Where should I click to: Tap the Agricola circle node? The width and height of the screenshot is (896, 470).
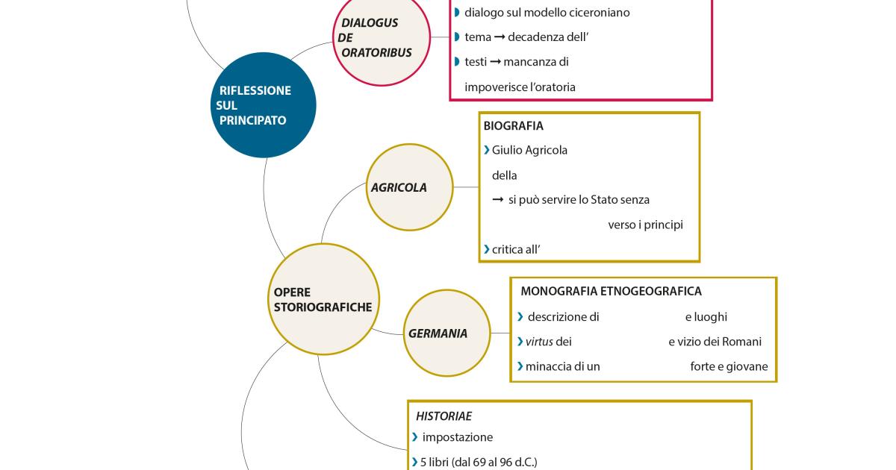pos(411,187)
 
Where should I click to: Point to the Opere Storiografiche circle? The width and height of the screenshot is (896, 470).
pos(323,300)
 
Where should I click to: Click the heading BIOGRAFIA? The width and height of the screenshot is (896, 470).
pos(513,126)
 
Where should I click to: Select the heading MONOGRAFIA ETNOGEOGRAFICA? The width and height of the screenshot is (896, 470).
pos(611,291)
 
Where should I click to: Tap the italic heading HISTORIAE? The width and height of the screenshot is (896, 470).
pos(444,416)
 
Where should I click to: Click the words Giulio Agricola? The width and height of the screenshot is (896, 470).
pos(529,150)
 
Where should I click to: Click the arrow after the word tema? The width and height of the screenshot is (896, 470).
pos(500,37)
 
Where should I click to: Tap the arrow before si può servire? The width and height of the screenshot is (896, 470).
pos(498,200)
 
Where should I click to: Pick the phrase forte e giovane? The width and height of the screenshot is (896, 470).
pos(729,366)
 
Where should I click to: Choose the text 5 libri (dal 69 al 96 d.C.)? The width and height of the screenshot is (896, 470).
pos(479,462)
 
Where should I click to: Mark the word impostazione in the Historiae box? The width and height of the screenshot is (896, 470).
pos(457,437)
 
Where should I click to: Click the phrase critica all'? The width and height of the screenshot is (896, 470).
pos(515,249)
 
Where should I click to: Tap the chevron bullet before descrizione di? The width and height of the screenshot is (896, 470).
pos(520,316)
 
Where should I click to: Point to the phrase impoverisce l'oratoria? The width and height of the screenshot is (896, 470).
pos(520,87)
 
